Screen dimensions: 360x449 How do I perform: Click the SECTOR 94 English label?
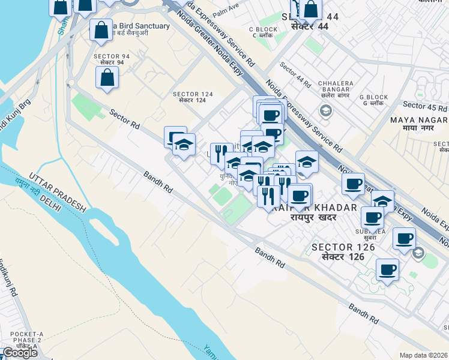tap(108, 56)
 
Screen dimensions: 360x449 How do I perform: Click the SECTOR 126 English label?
tap(343, 247)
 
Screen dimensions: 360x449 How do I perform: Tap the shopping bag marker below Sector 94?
tap(107, 77)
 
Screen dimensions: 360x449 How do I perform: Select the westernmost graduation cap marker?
tap(184, 145)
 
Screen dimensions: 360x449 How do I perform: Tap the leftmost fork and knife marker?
tap(221, 153)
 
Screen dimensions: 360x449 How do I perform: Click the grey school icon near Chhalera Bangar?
tap(325, 110)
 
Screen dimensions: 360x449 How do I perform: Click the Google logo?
tap(19, 353)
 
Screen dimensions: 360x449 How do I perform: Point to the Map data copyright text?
tap(423, 355)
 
